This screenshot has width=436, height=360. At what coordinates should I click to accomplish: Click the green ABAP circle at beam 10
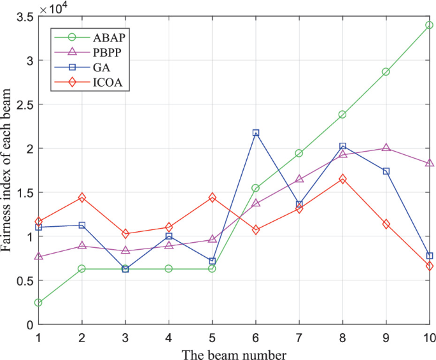pos(430,25)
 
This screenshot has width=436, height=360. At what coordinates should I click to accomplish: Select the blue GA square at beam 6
pos(256,133)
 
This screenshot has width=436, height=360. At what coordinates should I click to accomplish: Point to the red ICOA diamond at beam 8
pos(342,179)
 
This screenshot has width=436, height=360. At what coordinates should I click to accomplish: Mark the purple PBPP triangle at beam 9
pos(386,148)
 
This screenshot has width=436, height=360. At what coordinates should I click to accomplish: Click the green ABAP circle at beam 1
pos(39,303)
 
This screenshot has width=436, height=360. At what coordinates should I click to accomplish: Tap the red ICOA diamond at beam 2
pos(82,198)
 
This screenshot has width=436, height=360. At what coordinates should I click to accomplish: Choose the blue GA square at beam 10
pos(430,256)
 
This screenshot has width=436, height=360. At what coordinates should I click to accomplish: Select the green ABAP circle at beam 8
pos(342,115)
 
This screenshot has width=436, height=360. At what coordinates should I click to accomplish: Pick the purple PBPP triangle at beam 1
pos(39,256)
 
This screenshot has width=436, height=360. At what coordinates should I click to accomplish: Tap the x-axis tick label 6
pos(256,336)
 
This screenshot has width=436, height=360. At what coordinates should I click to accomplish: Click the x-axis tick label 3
pos(125,336)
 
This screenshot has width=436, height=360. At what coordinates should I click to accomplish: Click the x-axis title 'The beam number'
pos(234,352)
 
